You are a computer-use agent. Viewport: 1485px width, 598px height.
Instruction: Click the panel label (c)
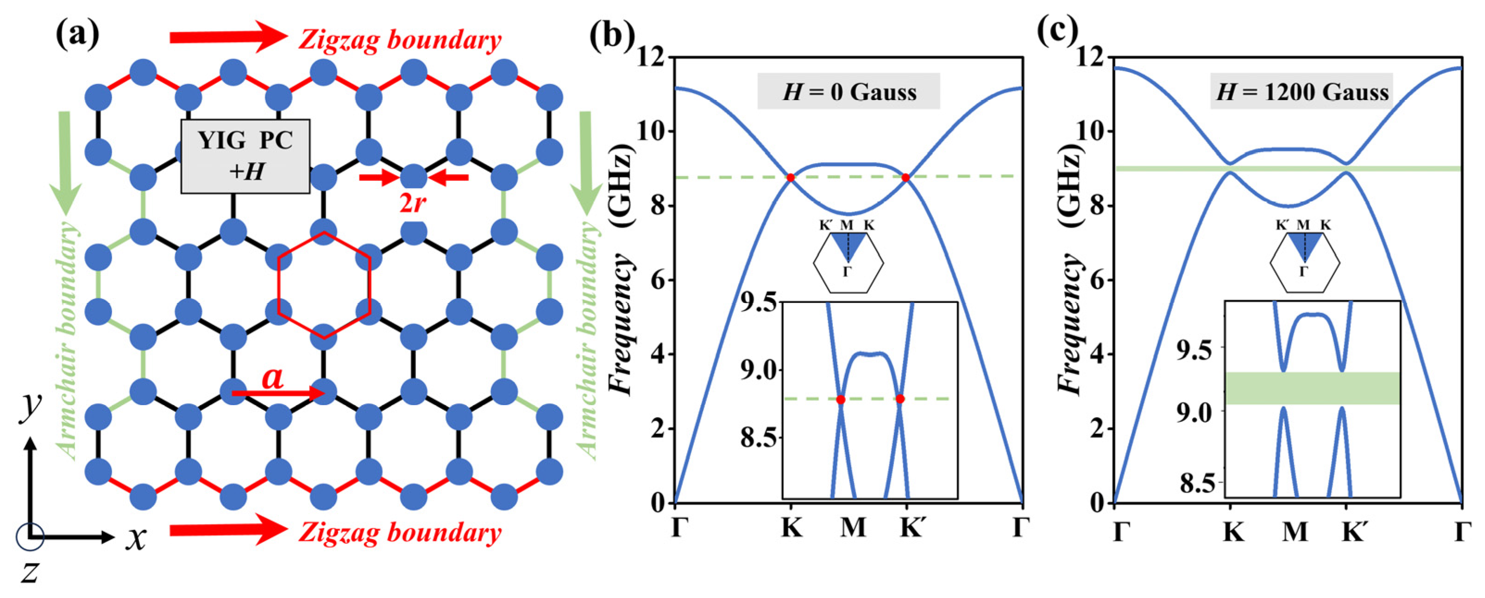coord(1057,33)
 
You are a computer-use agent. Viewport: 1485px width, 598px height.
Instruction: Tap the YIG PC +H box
coord(245,156)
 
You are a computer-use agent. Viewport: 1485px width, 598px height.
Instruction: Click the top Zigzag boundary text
coord(399,40)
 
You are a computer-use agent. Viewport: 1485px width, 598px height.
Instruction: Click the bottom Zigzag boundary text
coord(399,532)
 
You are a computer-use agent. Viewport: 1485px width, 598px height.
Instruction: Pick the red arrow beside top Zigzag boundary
coord(228,38)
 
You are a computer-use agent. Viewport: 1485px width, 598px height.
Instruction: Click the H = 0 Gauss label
coord(849,92)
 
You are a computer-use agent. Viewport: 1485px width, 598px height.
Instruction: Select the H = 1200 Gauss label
coord(1302,92)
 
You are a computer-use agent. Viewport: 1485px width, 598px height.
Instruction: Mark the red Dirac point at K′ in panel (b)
coord(906,178)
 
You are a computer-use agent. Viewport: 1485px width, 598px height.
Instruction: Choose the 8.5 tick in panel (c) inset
coord(1199,483)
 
